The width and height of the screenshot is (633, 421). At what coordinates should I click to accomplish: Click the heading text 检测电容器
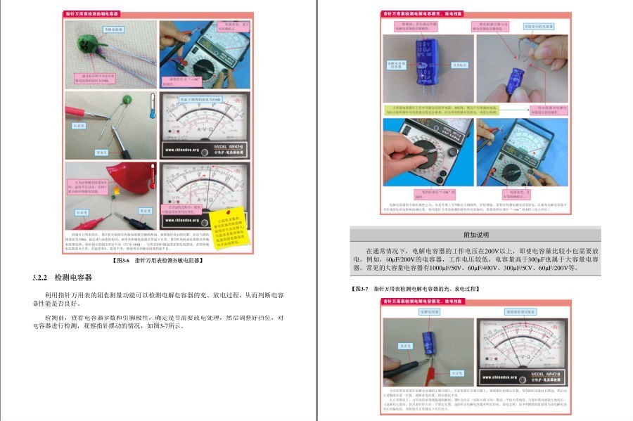[74, 278]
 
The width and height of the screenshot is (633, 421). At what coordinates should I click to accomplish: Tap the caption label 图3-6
[123, 259]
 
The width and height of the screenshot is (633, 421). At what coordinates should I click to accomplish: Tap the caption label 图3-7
[361, 289]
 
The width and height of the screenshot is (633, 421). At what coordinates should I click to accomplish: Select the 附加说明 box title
[475, 234]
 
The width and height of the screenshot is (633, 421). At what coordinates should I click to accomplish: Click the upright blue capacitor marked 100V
[429, 62]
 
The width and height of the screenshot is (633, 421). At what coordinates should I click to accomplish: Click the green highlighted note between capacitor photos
[454, 111]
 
